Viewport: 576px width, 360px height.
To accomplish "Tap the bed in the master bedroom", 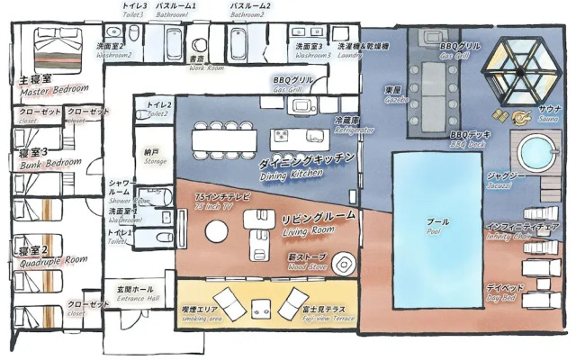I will tap(58, 41).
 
